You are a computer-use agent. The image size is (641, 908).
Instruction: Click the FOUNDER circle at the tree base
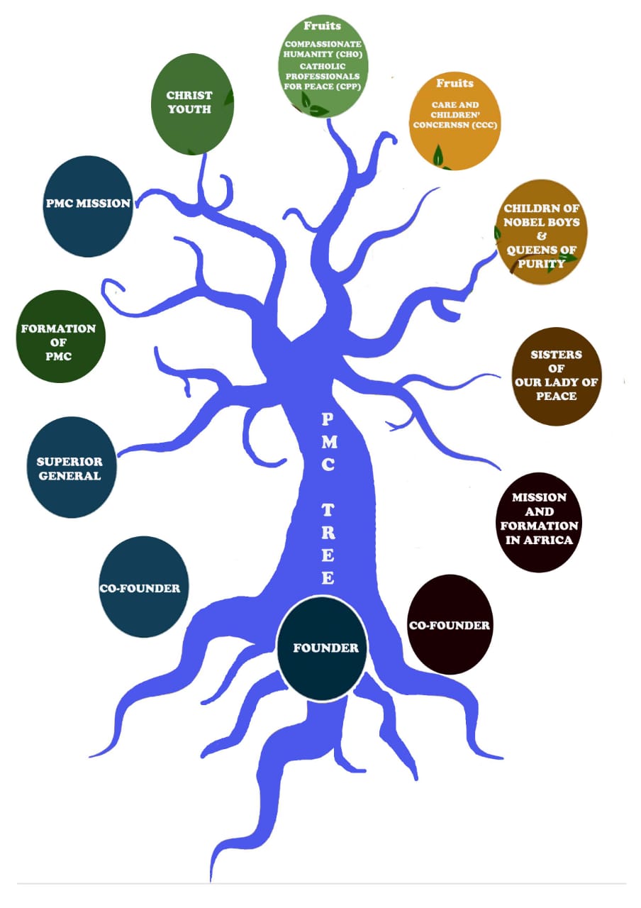click(322, 648)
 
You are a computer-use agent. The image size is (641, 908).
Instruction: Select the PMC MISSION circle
click(88, 203)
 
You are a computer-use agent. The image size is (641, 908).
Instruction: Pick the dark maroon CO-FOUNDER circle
click(450, 624)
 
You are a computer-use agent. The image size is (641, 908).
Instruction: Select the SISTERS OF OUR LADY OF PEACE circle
click(557, 376)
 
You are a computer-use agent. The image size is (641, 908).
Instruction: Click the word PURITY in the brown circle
click(540, 263)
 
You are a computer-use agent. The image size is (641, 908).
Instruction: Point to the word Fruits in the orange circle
click(455, 84)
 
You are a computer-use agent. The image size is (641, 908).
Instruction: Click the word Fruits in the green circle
click(322, 26)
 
